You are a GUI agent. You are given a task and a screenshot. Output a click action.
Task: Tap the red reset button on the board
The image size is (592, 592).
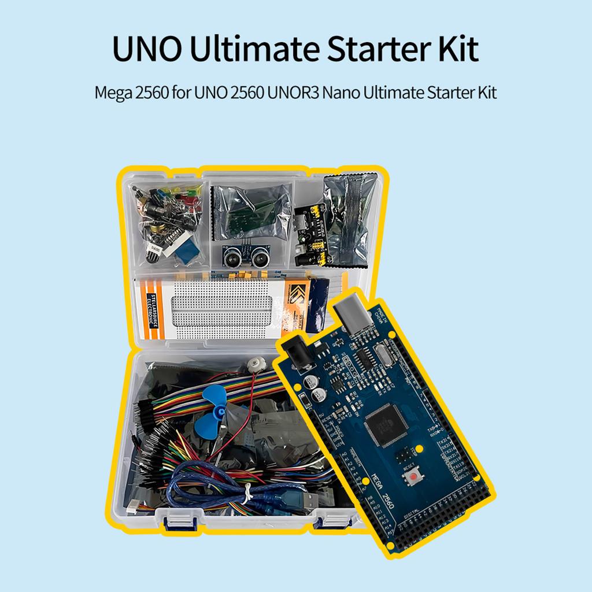(x=414, y=477)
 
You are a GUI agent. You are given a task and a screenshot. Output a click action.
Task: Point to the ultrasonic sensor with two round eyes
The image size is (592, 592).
(x=246, y=254)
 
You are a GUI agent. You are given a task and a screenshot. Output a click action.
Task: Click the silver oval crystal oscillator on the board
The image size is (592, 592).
(x=382, y=350)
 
